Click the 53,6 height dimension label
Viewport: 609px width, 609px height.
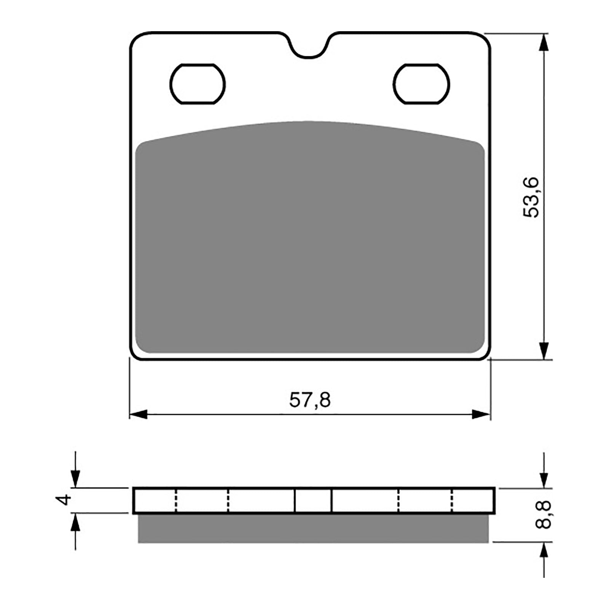[531, 197]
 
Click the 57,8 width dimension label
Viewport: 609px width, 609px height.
[310, 400]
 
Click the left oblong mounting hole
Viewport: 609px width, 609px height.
[198, 84]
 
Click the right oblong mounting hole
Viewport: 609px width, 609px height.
[422, 84]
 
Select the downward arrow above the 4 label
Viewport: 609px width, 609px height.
[76, 478]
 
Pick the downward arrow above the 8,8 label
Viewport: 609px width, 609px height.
[545, 479]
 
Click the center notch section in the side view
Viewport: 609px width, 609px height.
[313, 500]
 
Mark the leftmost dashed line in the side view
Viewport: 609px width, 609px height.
[176, 500]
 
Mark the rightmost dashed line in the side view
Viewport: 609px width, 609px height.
[453, 500]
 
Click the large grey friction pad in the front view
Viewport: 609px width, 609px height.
[310, 244]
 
